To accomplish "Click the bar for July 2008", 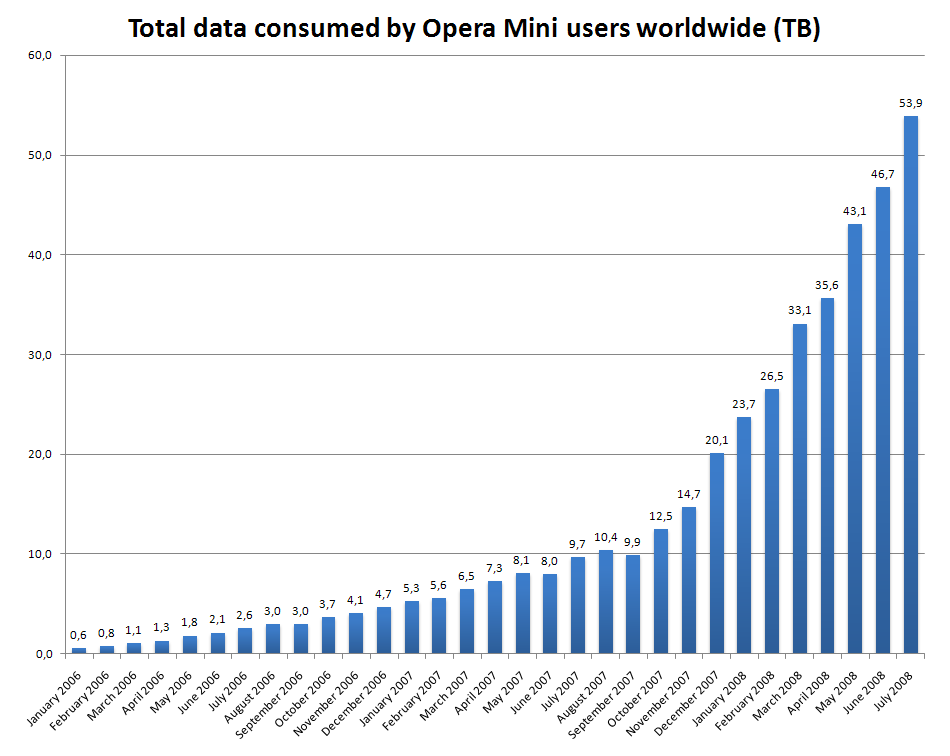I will click(x=911, y=385).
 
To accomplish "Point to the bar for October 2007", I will click(x=661, y=591).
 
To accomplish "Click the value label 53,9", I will click(x=911, y=102).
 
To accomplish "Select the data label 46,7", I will click(x=883, y=174).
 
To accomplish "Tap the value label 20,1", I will click(x=717, y=440).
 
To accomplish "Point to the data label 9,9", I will click(x=633, y=542).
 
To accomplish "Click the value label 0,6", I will click(x=79, y=635).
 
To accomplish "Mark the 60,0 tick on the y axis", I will click(x=40, y=55).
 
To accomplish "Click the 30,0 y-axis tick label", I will click(x=40, y=355).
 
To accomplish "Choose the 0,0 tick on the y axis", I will click(x=43, y=654).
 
